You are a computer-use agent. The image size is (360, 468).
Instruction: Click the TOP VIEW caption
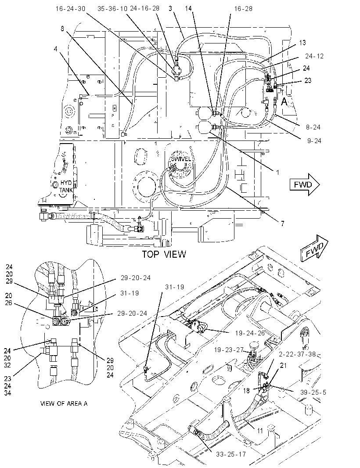[164, 254]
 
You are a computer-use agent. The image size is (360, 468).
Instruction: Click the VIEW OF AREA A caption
[64, 403]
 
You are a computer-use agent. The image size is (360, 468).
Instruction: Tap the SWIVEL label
[181, 159]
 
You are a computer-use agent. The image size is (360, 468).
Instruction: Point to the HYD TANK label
[66, 186]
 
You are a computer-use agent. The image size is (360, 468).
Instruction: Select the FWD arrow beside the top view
[305, 184]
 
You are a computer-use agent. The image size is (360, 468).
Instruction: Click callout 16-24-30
[70, 8]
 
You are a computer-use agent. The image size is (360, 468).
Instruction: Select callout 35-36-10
[112, 8]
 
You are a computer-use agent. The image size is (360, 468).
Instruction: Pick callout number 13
[302, 43]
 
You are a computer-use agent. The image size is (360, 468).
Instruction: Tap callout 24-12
[314, 56]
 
